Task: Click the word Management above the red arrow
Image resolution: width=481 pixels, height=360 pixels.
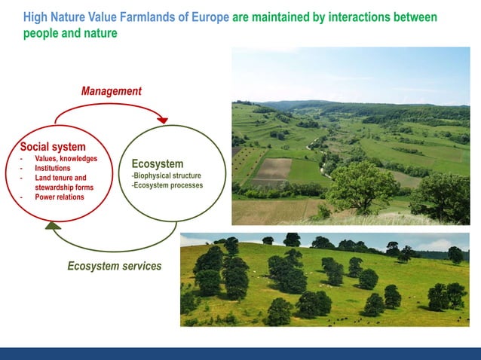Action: [111, 91]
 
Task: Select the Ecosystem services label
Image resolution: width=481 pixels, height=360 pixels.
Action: [114, 267]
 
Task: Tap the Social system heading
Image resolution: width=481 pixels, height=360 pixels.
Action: [53, 146]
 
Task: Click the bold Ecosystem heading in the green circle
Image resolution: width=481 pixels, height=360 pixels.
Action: [157, 164]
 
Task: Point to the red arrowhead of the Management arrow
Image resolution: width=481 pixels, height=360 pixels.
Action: [162, 120]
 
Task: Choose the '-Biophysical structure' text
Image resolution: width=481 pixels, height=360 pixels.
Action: [166, 176]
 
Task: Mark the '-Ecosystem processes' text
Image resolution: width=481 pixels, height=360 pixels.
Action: [167, 186]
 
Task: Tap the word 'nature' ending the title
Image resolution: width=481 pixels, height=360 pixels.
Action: [100, 34]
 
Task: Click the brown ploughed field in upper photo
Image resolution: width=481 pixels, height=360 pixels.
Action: [274, 169]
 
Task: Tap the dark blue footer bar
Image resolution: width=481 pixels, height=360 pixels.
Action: [240, 353]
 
